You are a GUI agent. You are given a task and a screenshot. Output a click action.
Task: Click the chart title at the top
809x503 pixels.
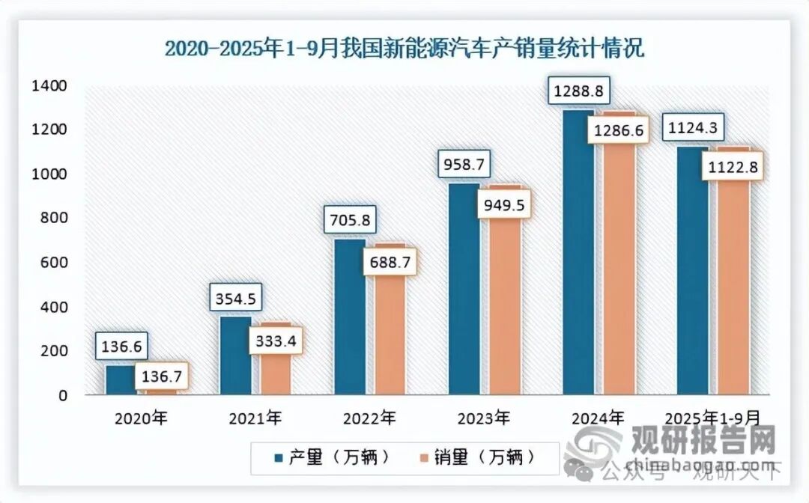404,49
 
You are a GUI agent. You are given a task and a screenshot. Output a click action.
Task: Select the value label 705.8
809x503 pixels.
350,221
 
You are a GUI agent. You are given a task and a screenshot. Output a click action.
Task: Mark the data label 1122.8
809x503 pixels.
733,168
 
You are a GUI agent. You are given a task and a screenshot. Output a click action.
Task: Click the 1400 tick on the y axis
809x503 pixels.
50,86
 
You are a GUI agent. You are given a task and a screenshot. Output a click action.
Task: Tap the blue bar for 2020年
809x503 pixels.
121,379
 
